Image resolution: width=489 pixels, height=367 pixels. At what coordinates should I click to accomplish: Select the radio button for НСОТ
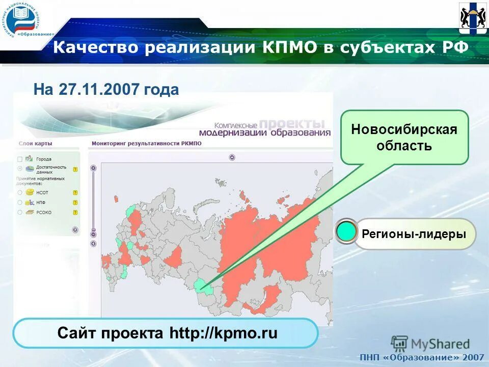coord(20,193)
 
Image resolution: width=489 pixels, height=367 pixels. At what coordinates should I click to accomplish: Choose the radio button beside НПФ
coord(20,202)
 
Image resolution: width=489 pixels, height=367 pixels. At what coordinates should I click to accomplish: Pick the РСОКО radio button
coord(20,212)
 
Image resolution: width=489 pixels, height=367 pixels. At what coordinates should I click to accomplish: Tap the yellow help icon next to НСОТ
coord(75,193)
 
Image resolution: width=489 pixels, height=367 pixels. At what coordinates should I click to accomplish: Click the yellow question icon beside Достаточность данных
coord(75,169)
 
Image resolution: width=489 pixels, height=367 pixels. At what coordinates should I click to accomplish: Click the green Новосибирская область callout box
coord(404,137)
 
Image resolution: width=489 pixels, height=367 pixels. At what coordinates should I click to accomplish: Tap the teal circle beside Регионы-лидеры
coord(347,232)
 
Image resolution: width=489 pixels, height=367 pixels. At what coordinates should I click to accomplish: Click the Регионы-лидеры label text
coord(414,234)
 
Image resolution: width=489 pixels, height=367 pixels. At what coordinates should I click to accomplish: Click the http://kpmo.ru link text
coord(224,333)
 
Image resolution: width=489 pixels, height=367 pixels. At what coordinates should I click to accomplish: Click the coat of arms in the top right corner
coord(472,18)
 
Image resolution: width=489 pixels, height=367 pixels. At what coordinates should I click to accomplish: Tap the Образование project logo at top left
coord(23,20)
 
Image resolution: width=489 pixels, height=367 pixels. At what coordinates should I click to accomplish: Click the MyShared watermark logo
coord(431,344)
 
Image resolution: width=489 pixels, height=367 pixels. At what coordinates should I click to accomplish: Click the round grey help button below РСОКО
coord(75,230)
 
